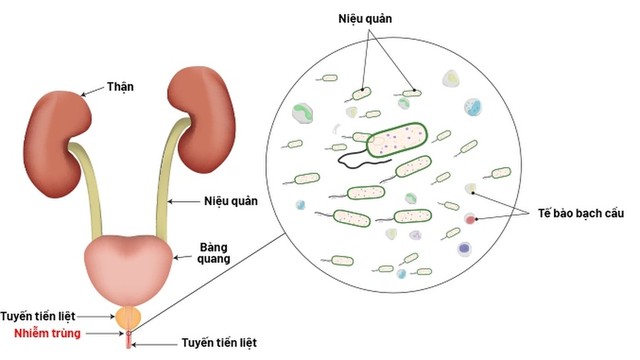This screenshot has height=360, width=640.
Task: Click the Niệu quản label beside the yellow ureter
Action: tap(231, 201)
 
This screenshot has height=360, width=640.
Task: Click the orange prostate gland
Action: tap(127, 317)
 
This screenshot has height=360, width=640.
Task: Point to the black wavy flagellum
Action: tap(350, 155)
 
